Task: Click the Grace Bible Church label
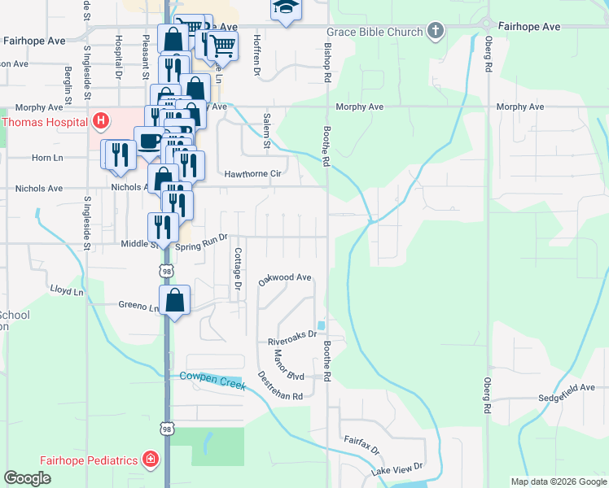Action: pos(375,33)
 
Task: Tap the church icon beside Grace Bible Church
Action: pos(436,32)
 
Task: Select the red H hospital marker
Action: pos(101,123)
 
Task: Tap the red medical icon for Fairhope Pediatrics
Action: pos(150,460)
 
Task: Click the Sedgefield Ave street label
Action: pos(567,399)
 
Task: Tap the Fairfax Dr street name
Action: pos(361,445)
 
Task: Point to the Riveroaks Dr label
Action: pos(291,342)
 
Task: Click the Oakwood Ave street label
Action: pos(285,279)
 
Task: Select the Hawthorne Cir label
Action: pos(252,173)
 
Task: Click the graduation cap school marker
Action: pos(285,8)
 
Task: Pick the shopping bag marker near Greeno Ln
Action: pos(175,300)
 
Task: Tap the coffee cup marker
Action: pos(148,141)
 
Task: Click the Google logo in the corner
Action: pos(27,477)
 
